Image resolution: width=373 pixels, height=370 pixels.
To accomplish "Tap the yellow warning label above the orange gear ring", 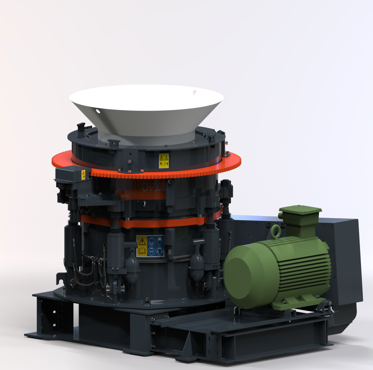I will click(x=163, y=161).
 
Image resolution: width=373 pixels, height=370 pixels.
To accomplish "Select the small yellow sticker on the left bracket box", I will click(x=83, y=175).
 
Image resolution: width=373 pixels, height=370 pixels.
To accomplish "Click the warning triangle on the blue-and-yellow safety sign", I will click(x=142, y=242).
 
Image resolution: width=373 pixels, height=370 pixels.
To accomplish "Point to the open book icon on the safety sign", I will click(x=142, y=251).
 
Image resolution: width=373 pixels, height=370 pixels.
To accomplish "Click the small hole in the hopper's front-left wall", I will click(x=98, y=111).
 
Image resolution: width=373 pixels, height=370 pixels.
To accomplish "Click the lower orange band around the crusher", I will click(x=149, y=223).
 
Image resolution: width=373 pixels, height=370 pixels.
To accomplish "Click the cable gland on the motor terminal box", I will click(x=280, y=216).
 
